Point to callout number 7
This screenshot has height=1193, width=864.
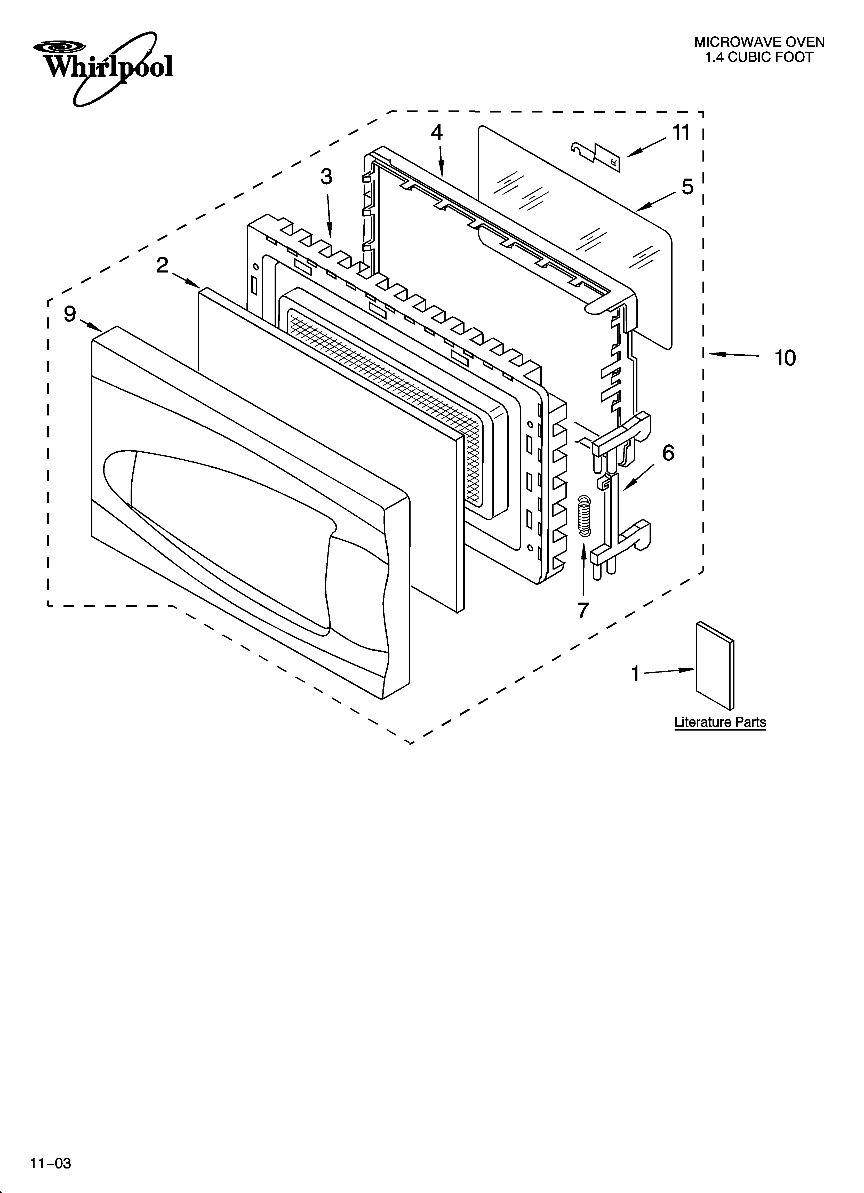coord(582,610)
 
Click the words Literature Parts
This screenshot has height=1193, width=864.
coord(720,722)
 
